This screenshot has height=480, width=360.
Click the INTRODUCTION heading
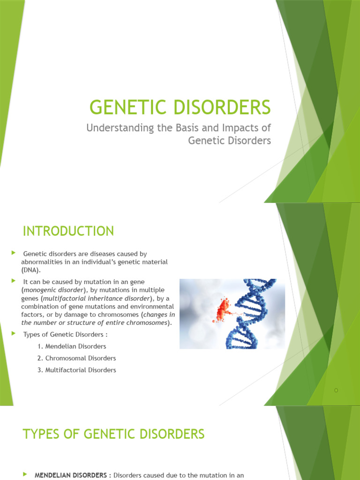(x=68, y=231)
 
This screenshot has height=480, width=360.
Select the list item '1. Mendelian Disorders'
(x=72, y=346)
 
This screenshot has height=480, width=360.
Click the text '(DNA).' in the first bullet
(x=31, y=270)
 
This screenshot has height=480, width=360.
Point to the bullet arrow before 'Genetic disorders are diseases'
(x=13, y=253)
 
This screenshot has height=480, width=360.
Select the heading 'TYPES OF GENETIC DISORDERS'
(x=113, y=434)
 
